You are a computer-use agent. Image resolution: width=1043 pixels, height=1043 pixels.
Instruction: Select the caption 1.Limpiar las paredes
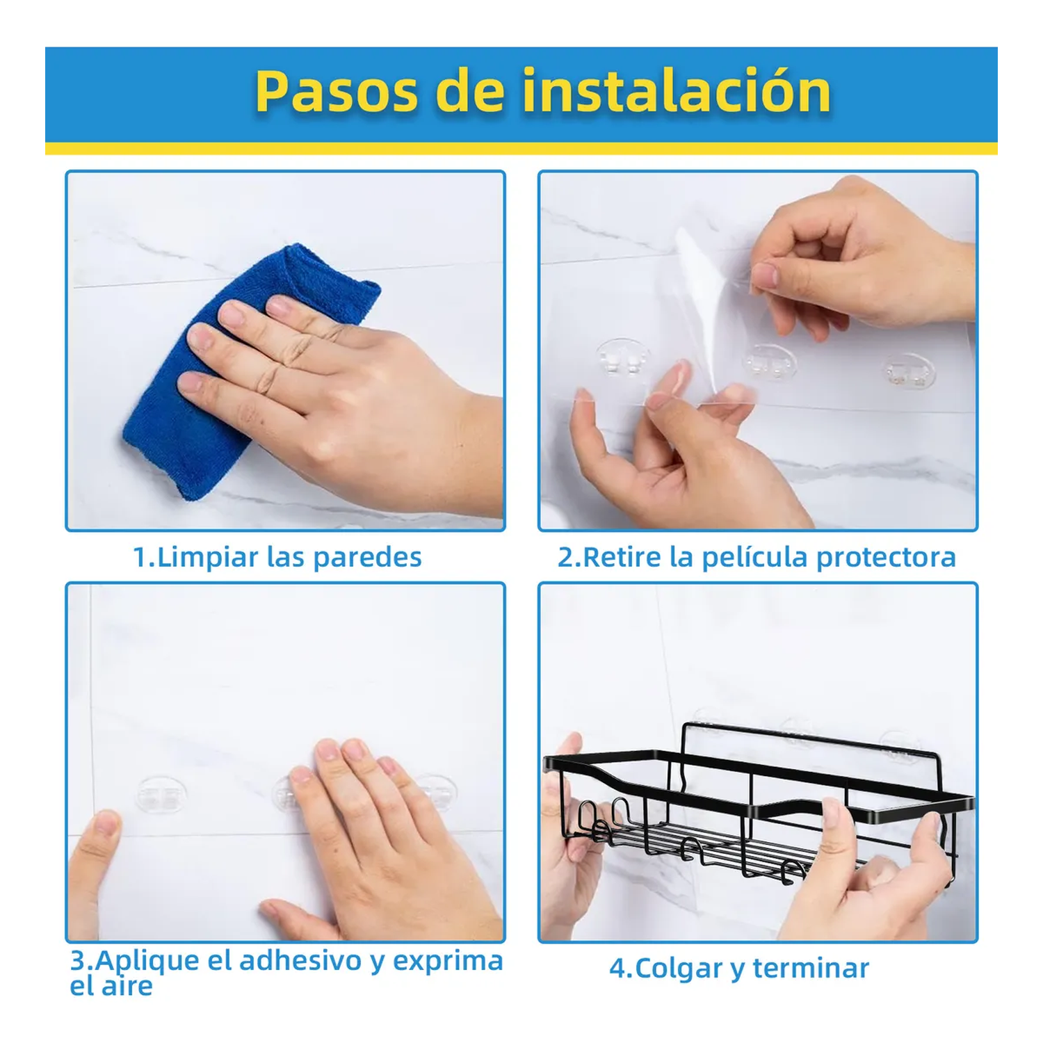277,558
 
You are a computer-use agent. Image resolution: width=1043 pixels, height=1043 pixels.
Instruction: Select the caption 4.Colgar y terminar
738,968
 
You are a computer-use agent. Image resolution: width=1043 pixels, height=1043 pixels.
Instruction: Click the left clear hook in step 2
623,359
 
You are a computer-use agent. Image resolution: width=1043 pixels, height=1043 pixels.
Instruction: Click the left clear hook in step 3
161,795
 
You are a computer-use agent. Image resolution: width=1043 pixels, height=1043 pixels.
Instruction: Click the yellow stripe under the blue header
521,149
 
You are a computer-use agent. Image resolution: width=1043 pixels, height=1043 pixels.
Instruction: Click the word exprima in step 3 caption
448,961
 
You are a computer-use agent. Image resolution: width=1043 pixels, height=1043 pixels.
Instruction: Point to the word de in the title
470,92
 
